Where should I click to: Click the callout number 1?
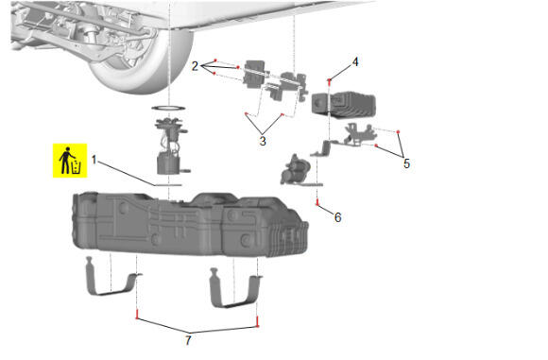click(94, 160)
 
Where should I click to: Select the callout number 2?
click(195, 66)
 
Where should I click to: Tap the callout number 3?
click(263, 141)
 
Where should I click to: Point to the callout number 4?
click(355, 61)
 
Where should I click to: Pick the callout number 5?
click(406, 163)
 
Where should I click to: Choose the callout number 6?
click(337, 217)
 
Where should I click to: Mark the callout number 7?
click(188, 340)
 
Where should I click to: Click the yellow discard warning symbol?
click(70, 161)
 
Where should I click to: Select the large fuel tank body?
click(190, 224)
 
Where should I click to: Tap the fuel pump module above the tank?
click(170, 146)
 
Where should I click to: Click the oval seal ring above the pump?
click(168, 108)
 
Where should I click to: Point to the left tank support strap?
click(112, 278)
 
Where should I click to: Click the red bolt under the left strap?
click(137, 315)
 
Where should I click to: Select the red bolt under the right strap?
click(258, 321)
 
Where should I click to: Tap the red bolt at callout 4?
click(329, 81)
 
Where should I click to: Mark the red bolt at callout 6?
click(317, 202)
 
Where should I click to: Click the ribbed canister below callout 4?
click(344, 104)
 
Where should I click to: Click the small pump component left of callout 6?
click(296, 169)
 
